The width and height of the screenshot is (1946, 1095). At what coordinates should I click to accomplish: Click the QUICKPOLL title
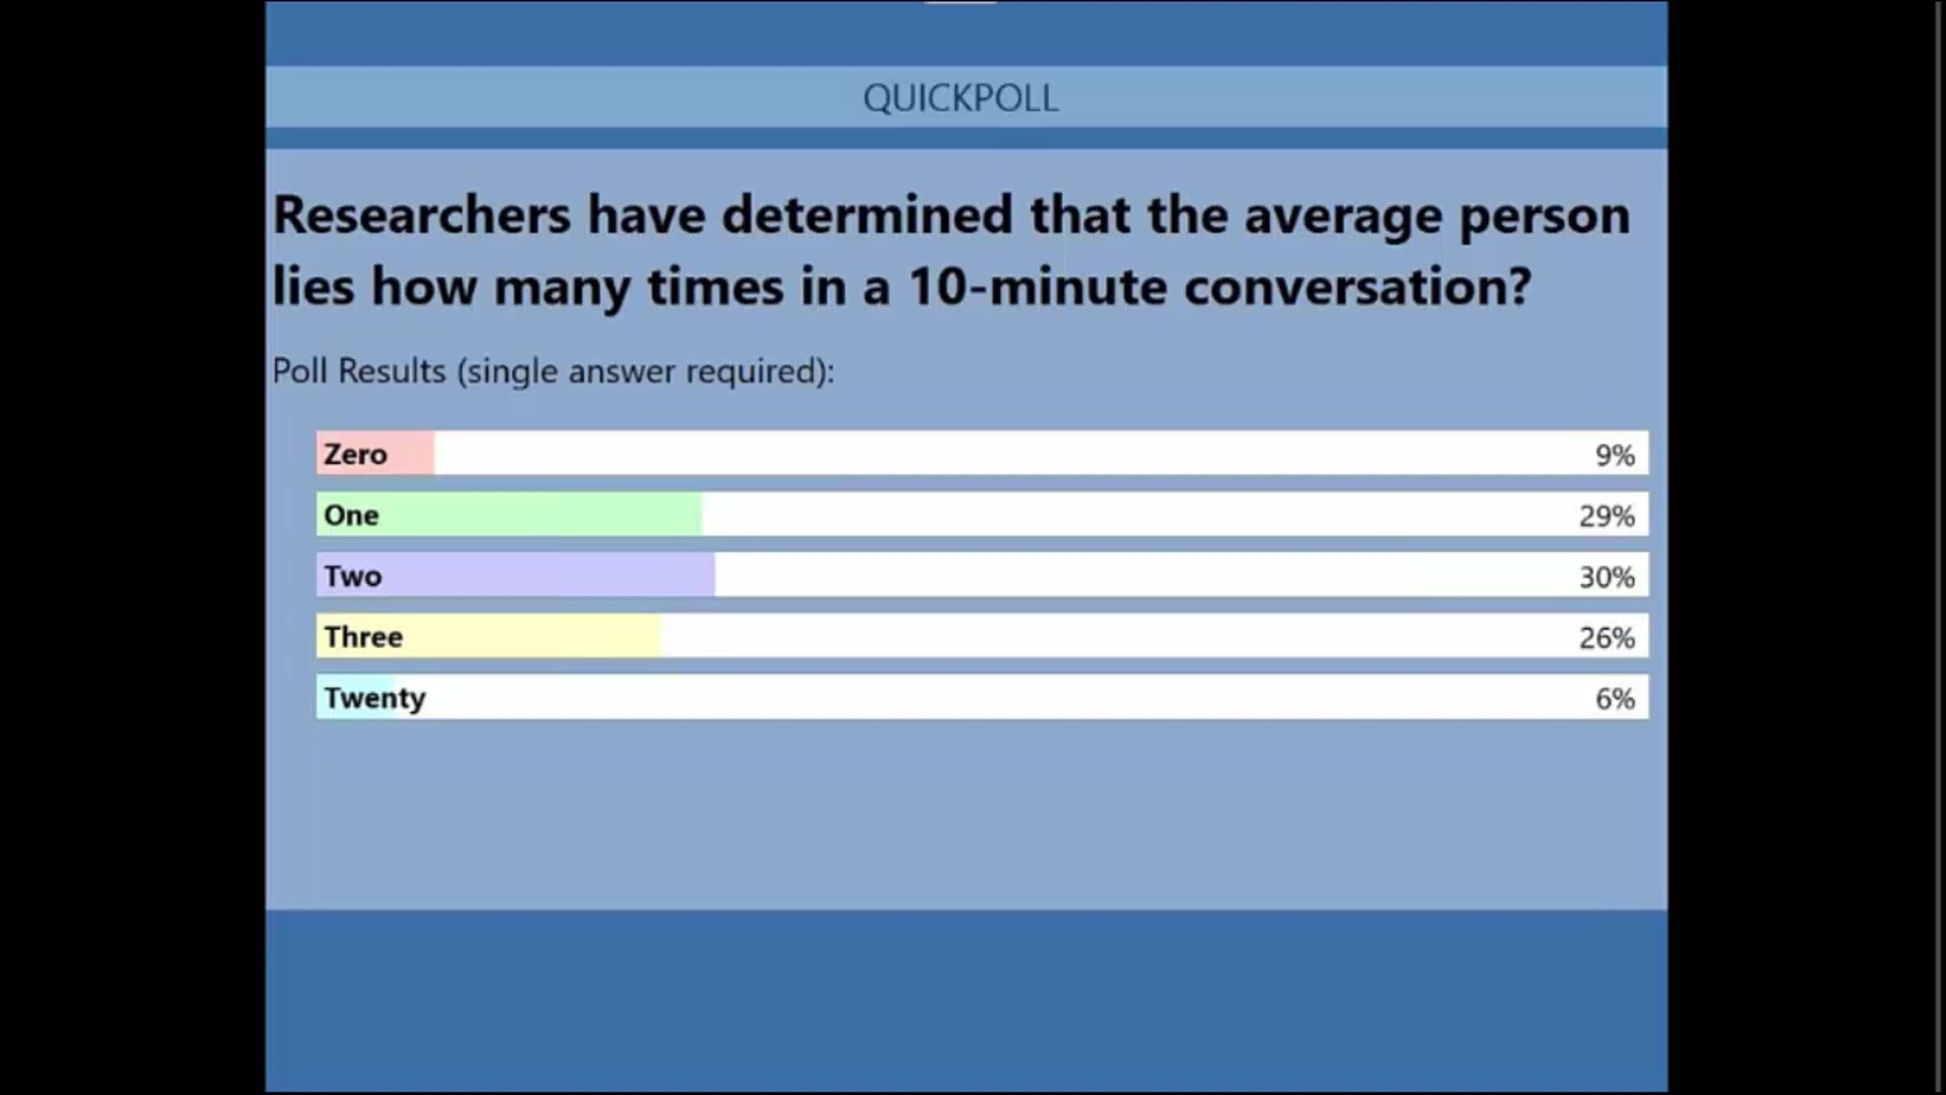[x=961, y=99]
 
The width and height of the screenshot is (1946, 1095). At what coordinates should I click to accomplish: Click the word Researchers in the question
[x=422, y=215]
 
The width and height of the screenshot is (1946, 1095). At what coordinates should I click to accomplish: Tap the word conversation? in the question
[x=1357, y=286]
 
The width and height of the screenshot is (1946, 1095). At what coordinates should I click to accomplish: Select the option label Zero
[x=355, y=454]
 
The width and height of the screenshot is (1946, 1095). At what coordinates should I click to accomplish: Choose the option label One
[x=351, y=515]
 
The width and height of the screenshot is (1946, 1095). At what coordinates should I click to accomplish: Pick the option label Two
[x=353, y=576]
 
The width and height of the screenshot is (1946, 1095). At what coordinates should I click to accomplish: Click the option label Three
[x=363, y=637]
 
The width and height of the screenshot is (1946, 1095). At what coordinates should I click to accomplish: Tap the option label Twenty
[x=375, y=698]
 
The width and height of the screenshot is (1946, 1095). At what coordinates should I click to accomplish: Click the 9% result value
[x=1615, y=455]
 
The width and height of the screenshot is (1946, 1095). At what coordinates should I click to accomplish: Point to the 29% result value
[x=1607, y=516]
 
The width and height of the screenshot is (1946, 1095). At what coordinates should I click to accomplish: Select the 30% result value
[x=1607, y=577]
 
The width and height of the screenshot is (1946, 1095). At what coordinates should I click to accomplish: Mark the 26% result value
[x=1607, y=638]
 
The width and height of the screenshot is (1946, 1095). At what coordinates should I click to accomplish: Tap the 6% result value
[x=1615, y=698]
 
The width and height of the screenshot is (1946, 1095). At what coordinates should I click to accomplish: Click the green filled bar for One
[x=509, y=513]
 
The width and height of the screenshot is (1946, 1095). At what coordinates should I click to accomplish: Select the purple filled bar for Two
[x=516, y=574]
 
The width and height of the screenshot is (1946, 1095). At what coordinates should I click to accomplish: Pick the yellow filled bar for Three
[x=489, y=635]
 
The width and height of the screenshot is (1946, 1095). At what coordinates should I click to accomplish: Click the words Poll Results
[x=359, y=371]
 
